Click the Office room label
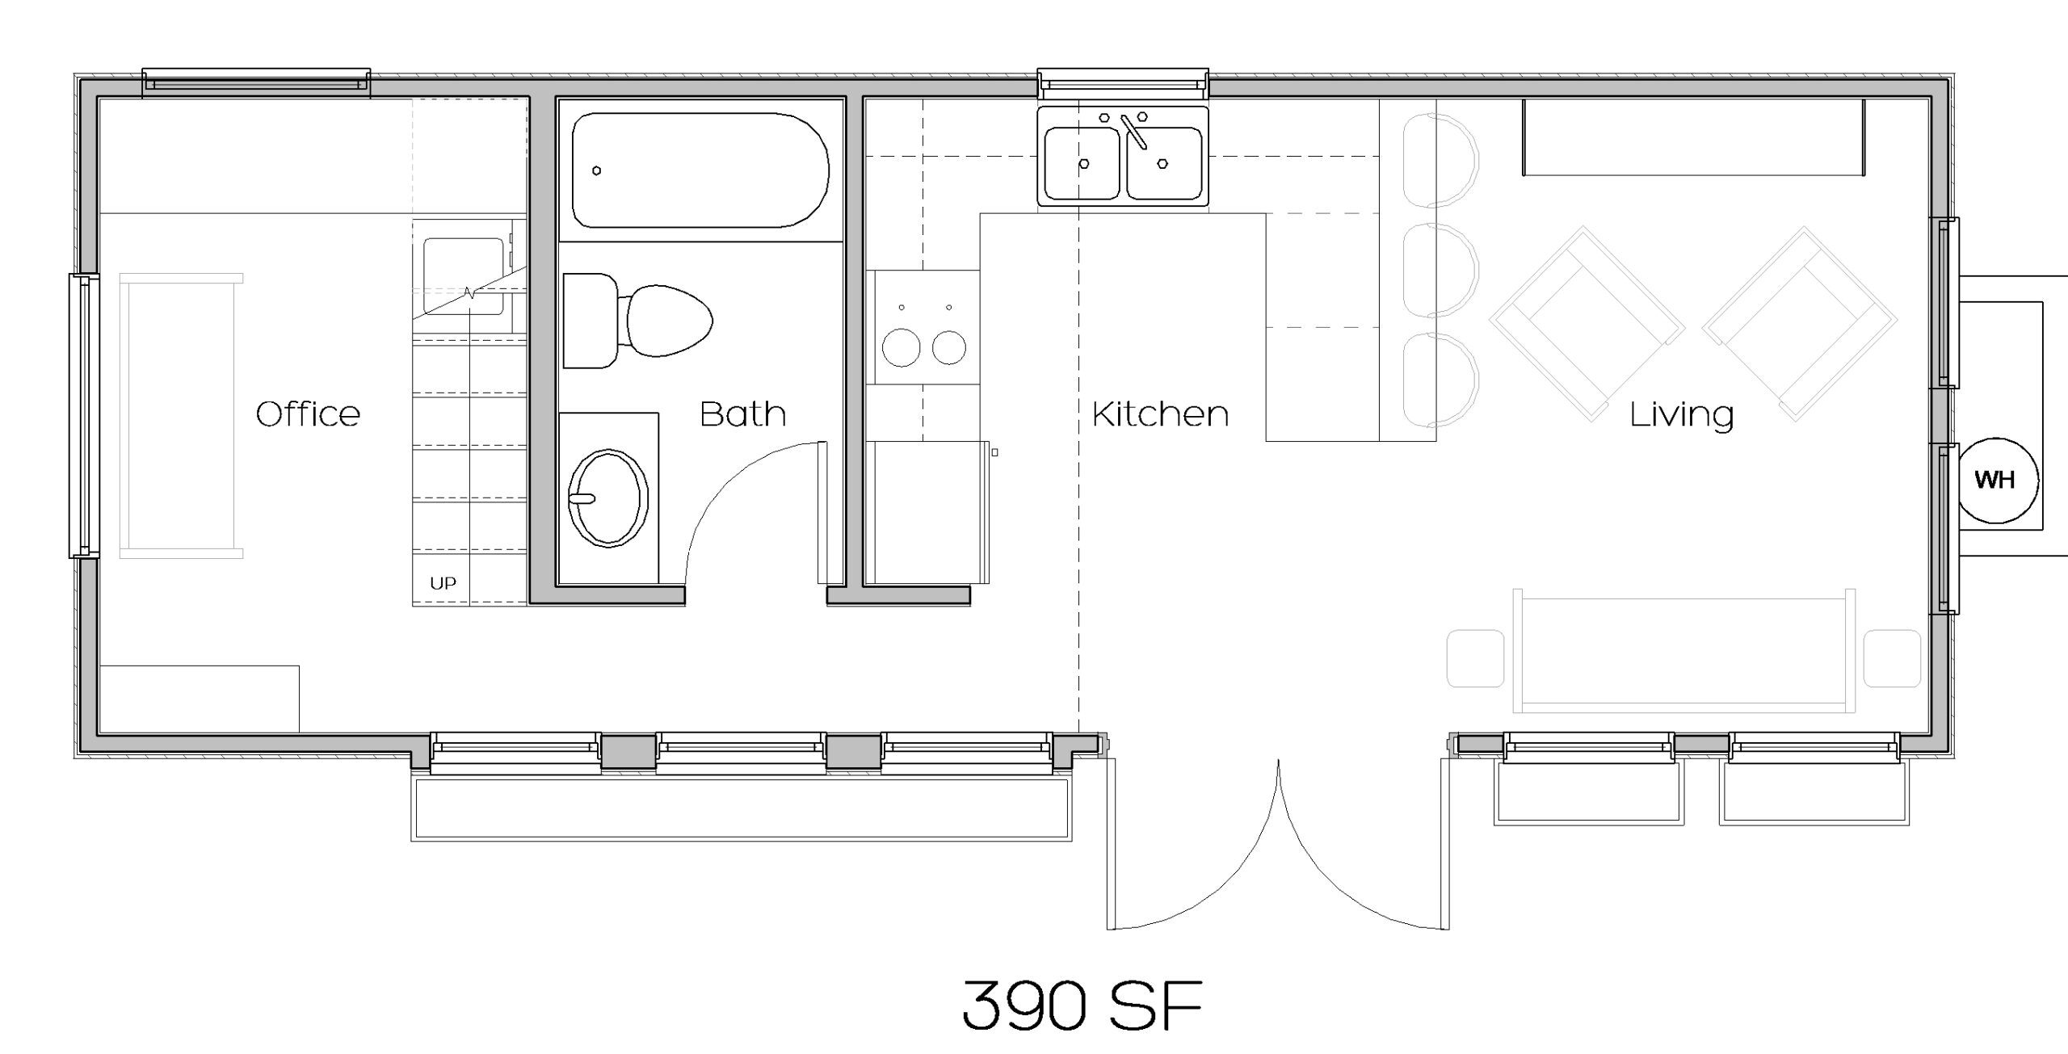pyautogui.click(x=308, y=414)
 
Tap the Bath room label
pyautogui.click(x=742, y=414)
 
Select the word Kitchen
pyautogui.click(x=1160, y=414)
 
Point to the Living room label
pyautogui.click(x=1682, y=415)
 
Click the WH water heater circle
pyautogui.click(x=1994, y=480)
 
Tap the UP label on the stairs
pyautogui.click(x=443, y=583)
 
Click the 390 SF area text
pyautogui.click(x=1082, y=1006)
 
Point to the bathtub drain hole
pyautogui.click(x=596, y=170)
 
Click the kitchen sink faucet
pyautogui.click(x=1133, y=132)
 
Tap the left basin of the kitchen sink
pyautogui.click(x=1082, y=163)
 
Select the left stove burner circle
pyautogui.click(x=901, y=348)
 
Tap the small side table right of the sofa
pyautogui.click(x=1892, y=658)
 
